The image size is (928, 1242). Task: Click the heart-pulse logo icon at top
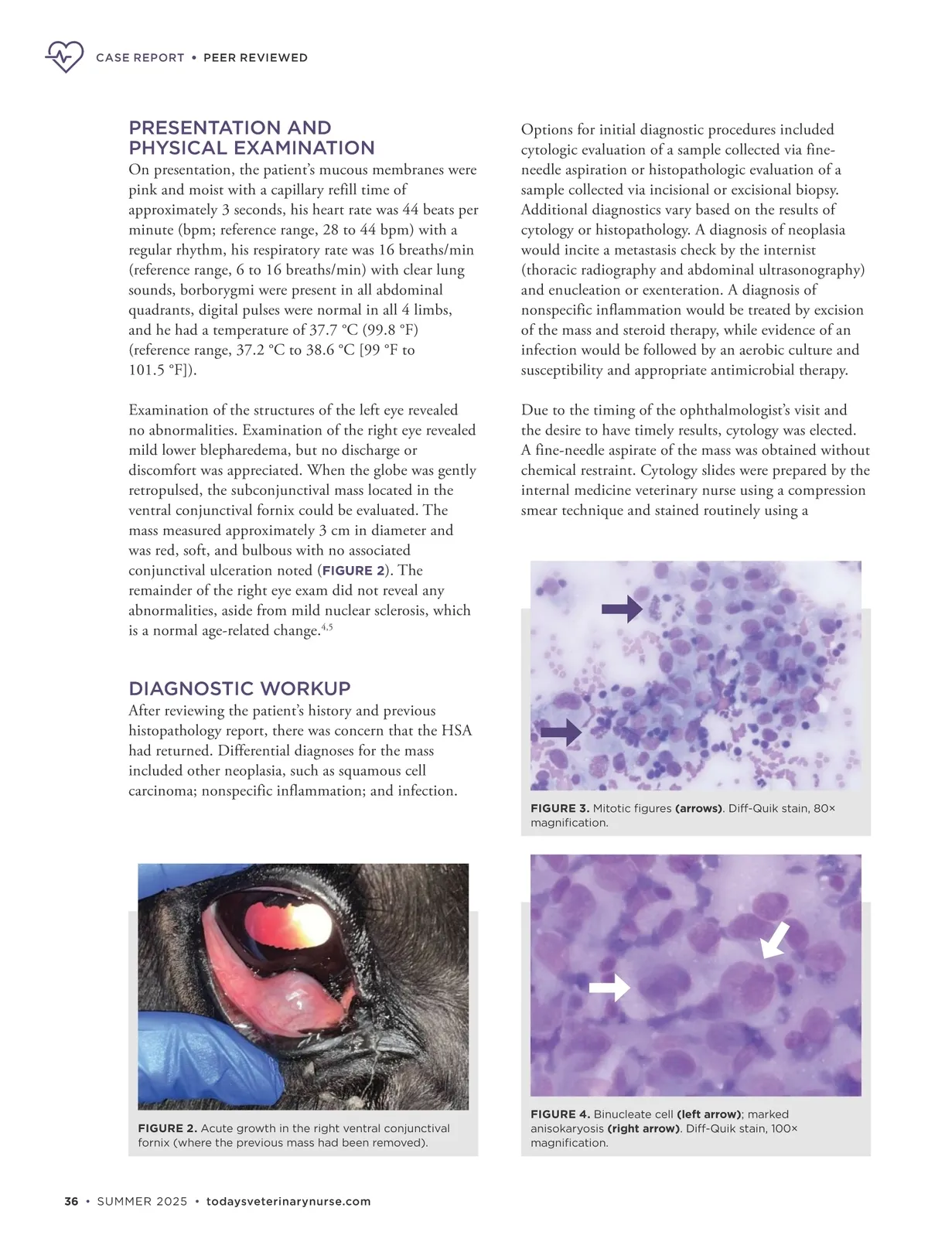pos(64,56)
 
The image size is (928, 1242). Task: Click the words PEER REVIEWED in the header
pos(255,58)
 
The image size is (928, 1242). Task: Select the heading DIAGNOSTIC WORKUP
pos(240,688)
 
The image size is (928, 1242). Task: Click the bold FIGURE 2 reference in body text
pos(353,571)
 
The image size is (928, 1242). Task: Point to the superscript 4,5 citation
pos(327,626)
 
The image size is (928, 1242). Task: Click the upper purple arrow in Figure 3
pos(622,609)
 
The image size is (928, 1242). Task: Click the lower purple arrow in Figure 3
pos(561,732)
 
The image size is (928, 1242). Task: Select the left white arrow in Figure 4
pos(609,987)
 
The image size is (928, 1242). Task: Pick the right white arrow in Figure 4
pos(775,940)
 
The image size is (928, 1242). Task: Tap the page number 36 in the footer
pos(71,1201)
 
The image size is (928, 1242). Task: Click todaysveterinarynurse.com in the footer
pos(288,1201)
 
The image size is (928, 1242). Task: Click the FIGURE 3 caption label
pos(559,808)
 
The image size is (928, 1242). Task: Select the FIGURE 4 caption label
pos(559,1114)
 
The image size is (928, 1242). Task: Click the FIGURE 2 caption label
pos(167,1128)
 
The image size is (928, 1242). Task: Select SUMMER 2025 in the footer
pos(142,1201)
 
